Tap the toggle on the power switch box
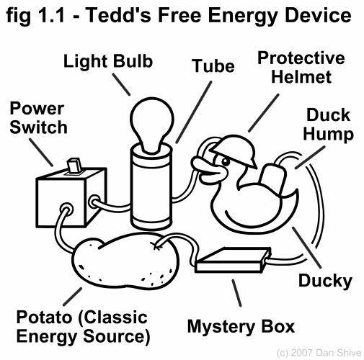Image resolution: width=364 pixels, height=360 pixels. coord(74,165)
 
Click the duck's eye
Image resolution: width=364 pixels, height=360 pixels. coord(226,161)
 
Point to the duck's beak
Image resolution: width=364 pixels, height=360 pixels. coord(208,169)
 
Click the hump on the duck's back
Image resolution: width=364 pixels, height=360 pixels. coord(272,178)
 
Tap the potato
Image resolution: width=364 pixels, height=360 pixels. coord(126,259)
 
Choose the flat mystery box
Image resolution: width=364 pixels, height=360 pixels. coord(233,261)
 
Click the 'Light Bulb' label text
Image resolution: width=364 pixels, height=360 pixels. coord(108,61)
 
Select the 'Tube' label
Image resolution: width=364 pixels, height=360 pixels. coord(213,66)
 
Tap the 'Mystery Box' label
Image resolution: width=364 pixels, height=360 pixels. coord(241,327)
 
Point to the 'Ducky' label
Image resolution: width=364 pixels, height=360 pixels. coord(325,281)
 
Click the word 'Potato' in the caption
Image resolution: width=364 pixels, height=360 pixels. coord(44,318)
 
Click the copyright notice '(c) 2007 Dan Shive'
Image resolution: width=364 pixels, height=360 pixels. coord(319,353)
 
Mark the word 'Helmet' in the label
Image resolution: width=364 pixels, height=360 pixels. coord(301,77)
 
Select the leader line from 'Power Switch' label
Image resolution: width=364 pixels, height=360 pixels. coord(41,153)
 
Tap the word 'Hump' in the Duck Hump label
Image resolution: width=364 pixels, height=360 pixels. coord(328,135)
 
